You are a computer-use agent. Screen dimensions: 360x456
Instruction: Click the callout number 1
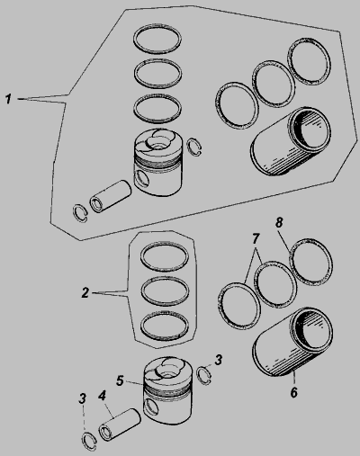[x=9, y=99]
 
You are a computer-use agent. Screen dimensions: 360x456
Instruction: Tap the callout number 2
[x=85, y=292]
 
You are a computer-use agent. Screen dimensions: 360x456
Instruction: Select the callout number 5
[x=120, y=380]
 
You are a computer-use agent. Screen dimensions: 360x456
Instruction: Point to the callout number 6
[x=293, y=392]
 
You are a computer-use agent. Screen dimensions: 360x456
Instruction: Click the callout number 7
[x=256, y=238]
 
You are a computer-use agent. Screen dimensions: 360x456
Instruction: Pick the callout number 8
[x=279, y=222]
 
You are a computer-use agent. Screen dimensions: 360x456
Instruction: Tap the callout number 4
[x=102, y=396]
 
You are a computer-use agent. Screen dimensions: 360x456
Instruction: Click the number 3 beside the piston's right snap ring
[x=219, y=360]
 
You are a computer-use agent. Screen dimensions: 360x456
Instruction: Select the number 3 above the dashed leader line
[x=82, y=398]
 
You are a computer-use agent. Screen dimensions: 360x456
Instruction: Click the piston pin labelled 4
[x=120, y=425]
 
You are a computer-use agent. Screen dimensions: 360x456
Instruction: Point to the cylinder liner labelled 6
[x=292, y=342]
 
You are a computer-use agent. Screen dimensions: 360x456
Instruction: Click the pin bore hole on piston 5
[x=150, y=407]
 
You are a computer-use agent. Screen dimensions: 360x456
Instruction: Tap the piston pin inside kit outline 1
[x=111, y=196]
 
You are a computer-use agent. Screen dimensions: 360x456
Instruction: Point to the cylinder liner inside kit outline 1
[x=291, y=141]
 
